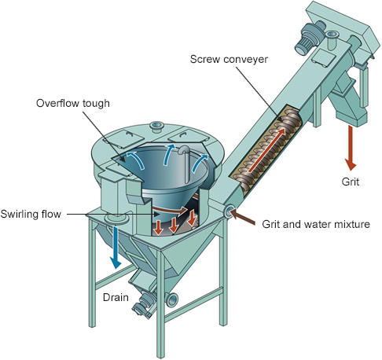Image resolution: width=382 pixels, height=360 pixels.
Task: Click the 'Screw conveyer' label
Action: [229, 59]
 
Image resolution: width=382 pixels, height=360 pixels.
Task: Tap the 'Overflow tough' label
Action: [73, 103]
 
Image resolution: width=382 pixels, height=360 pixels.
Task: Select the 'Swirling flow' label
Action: [31, 214]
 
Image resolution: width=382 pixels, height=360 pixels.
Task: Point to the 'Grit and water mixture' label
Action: [316, 224]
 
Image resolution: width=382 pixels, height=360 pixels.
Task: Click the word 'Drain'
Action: [116, 297]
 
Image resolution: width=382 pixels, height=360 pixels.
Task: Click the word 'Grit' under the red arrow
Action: [350, 182]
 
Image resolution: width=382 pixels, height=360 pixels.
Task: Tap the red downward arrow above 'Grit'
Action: [351, 148]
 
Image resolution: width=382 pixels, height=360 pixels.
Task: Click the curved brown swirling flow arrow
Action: [170, 210]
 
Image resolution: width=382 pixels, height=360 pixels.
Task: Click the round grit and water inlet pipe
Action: [229, 211]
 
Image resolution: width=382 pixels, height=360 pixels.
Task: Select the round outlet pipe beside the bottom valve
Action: [172, 299]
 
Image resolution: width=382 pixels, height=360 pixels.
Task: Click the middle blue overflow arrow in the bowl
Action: [169, 154]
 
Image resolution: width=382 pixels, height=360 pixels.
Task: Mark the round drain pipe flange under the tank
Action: [116, 218]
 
